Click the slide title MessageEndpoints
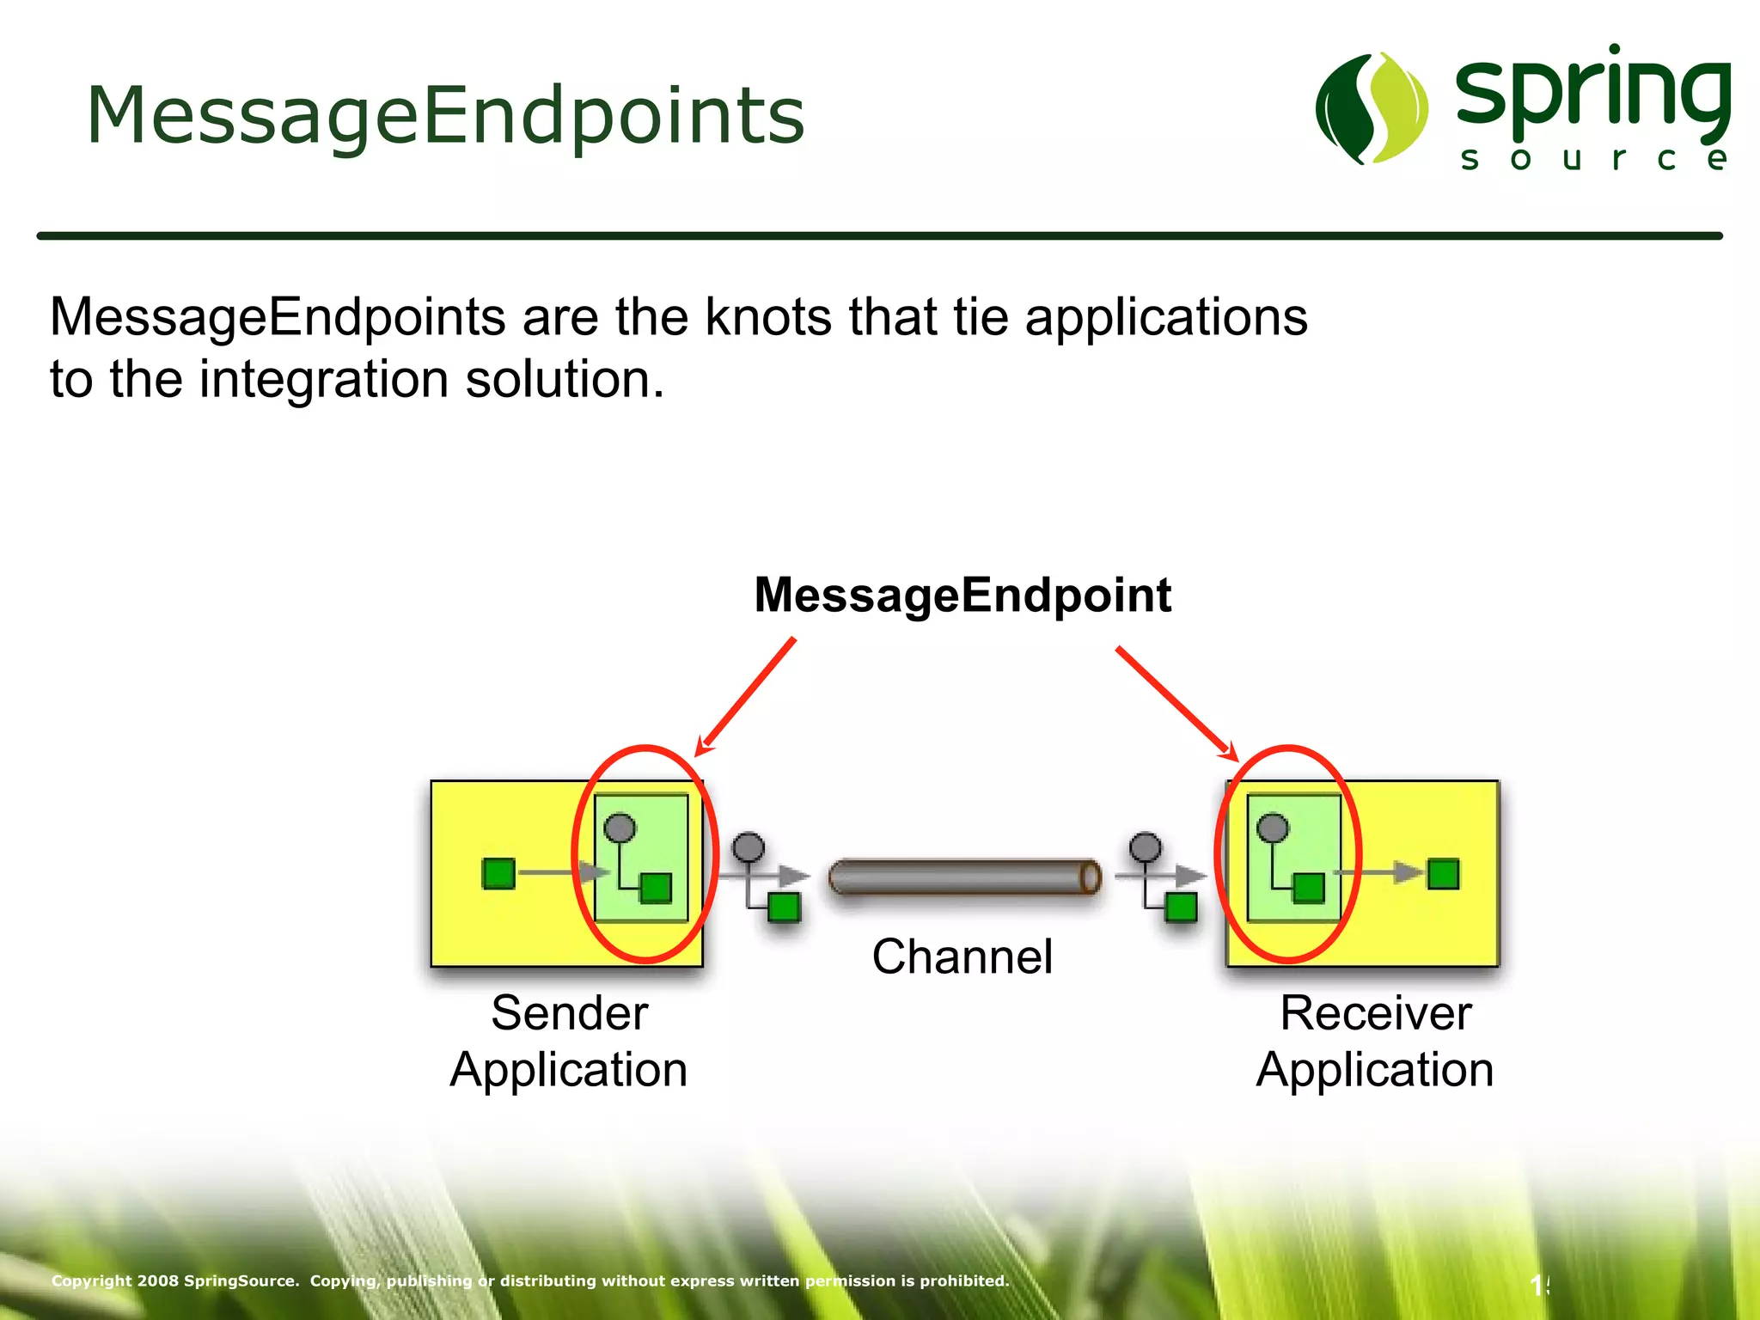tap(445, 115)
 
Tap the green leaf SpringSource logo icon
tap(1372, 108)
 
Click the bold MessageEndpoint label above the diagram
tap(962, 595)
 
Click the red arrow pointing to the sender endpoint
tap(746, 696)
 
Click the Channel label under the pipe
tap(962, 956)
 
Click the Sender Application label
tap(569, 1041)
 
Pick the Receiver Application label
tap(1375, 1041)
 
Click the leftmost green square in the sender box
tap(498, 873)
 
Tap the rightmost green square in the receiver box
tap(1443, 874)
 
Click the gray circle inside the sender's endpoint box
tap(620, 828)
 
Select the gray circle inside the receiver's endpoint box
tap(1273, 828)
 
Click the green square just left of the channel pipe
tap(784, 907)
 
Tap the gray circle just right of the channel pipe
tap(1145, 847)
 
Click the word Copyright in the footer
tap(91, 1280)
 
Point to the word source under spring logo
tap(1593, 158)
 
